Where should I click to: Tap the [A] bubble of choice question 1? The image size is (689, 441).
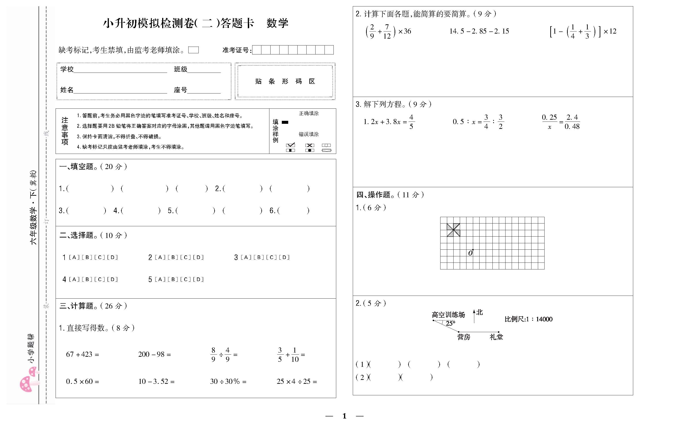point(74,257)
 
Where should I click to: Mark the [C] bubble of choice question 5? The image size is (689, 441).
point(186,280)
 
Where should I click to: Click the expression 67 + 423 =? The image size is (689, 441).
point(82,354)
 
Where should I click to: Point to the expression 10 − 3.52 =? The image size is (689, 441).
point(156,382)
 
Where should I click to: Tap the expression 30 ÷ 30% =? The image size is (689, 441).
point(228,382)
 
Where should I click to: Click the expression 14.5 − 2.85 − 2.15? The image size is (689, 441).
point(479,31)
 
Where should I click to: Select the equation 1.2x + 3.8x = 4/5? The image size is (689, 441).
point(388,122)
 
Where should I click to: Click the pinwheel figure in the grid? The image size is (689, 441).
point(453,230)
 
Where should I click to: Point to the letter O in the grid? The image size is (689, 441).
point(470,253)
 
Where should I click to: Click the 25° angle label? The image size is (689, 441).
point(450,324)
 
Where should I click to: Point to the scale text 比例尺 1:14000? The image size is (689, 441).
point(528,319)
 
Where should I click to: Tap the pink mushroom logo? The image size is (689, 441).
point(29,381)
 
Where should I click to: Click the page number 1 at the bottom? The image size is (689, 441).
point(344,416)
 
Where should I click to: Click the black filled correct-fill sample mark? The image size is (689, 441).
point(285,122)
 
